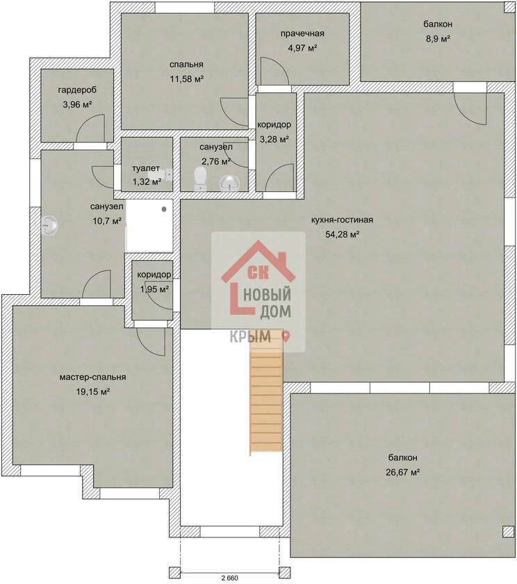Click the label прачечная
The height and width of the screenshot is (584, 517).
pos(302,33)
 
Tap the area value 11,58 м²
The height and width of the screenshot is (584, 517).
pos(187,79)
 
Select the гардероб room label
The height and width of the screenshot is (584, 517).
pos(77,90)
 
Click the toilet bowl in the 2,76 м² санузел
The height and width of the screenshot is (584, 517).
pos(201,179)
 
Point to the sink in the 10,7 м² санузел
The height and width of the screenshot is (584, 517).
pos(49,226)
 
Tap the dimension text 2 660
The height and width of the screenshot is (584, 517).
pos(229,578)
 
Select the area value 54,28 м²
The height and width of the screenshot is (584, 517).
pos(342,234)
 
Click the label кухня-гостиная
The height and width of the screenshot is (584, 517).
pos(342,220)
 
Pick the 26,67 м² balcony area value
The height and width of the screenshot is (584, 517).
pos(403,472)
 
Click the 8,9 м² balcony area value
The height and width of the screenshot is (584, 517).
pos(438,39)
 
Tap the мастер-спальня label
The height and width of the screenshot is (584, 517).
pos(92,378)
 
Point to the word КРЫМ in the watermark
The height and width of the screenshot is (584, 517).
pos(250,336)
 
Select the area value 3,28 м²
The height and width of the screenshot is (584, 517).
pos(274,139)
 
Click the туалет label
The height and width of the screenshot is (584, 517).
pos(146,168)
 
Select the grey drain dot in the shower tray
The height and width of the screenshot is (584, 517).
pos(164,209)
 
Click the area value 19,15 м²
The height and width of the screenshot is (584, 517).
pos(92,392)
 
